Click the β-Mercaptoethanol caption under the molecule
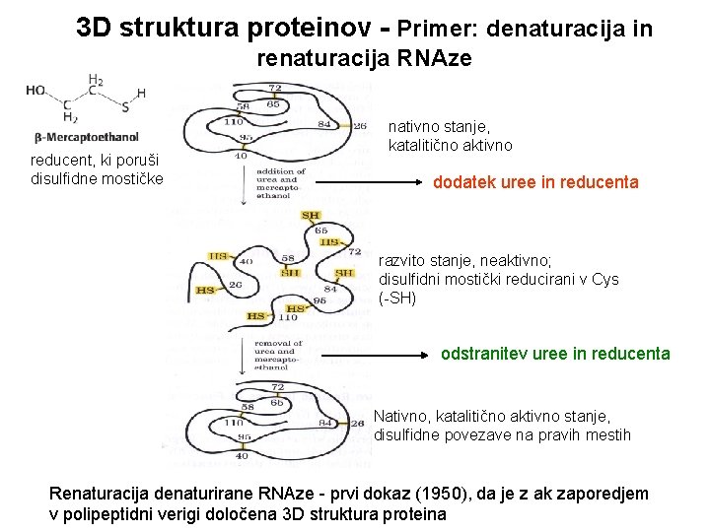[101, 137]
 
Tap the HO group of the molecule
[36, 90]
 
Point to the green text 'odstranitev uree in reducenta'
[555, 354]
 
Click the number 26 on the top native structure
[360, 125]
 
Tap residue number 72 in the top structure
[276, 89]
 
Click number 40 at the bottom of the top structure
[241, 155]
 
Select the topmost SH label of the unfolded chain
[311, 215]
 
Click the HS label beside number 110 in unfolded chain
[256, 316]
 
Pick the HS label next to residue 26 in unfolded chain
[206, 291]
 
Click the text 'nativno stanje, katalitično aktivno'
[450, 136]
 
